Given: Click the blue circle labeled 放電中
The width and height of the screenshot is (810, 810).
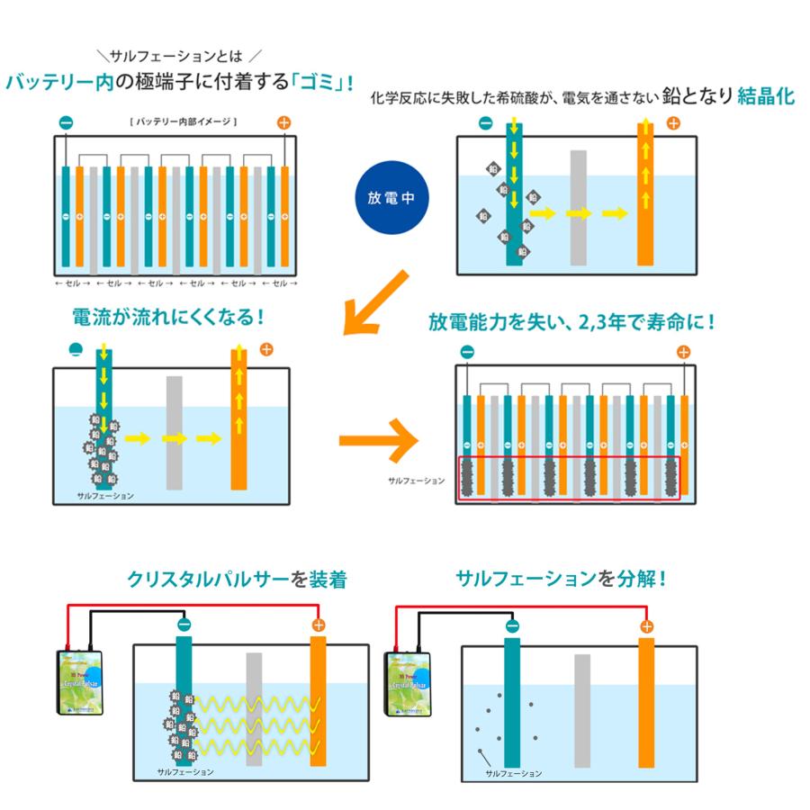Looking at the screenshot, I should [x=391, y=199].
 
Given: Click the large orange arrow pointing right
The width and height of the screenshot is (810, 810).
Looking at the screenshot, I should [x=378, y=442].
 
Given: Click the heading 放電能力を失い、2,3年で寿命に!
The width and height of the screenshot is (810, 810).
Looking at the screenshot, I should [x=571, y=321].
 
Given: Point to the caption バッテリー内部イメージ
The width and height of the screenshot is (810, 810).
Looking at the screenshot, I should [x=183, y=121].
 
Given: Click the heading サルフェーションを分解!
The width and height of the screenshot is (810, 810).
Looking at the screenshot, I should [x=561, y=579].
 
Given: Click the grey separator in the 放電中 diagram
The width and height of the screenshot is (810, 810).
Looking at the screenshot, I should [x=579, y=207].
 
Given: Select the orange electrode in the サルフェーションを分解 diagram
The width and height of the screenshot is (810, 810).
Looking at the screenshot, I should [x=647, y=702].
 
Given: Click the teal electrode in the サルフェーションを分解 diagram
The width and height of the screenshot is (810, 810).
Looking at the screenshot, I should [x=513, y=702].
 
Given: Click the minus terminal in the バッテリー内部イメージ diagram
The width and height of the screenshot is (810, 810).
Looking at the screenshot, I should [x=65, y=122].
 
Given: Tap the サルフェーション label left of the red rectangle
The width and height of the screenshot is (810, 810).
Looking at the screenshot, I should [x=416, y=481].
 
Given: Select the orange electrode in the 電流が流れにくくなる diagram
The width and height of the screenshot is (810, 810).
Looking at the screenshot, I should [x=238, y=418].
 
